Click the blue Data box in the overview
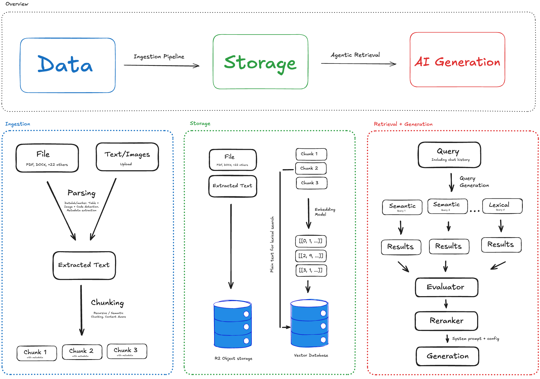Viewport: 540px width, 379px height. pyautogui.click(x=68, y=65)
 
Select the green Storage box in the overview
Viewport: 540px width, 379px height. pyautogui.click(x=260, y=62)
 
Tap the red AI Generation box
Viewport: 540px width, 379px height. pyautogui.click(x=457, y=60)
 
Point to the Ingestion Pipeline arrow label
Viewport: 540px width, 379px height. pyautogui.click(x=159, y=57)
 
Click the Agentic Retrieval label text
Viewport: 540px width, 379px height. pyautogui.click(x=355, y=55)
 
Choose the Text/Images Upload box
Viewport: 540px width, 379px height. pyautogui.click(x=127, y=157)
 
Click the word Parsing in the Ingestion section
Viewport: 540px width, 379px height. pyautogui.click(x=81, y=193)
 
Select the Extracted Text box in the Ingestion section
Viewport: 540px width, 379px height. pyautogui.click(x=84, y=265)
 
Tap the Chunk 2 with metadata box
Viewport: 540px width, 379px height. pyautogui.click(x=82, y=352)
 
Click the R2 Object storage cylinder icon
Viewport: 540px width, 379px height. pyautogui.click(x=232, y=324)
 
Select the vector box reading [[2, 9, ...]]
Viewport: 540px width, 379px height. pyautogui.click(x=311, y=256)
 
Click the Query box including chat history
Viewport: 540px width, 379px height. pyautogui.click(x=449, y=155)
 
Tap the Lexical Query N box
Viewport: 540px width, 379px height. pyautogui.click(x=502, y=206)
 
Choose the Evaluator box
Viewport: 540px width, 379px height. pyautogui.click(x=446, y=287)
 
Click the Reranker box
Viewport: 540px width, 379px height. pyautogui.click(x=446, y=321)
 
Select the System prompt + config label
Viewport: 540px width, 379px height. pyautogui.click(x=475, y=338)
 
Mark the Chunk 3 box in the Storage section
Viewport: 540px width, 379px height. pyautogui.click(x=311, y=183)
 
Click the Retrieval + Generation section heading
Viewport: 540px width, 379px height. pyautogui.click(x=403, y=124)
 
